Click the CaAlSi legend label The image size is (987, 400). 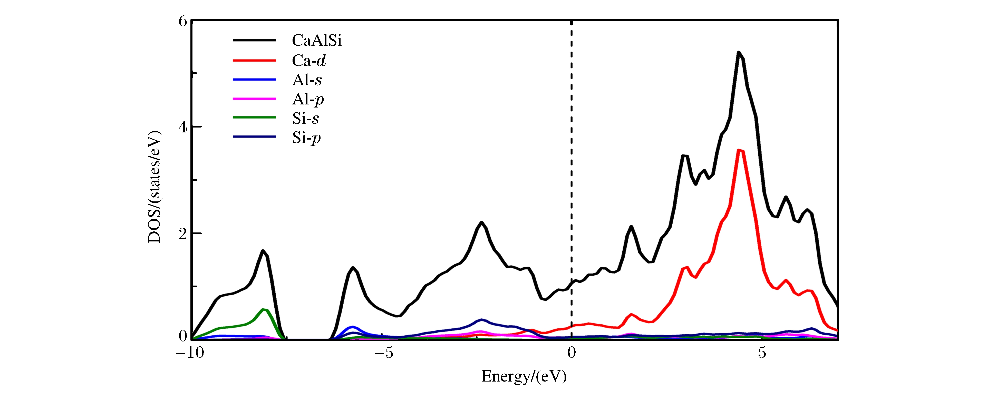tap(316, 40)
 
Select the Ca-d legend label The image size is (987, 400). tap(309, 61)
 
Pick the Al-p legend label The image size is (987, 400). tap(308, 99)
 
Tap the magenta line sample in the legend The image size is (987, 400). tap(254, 99)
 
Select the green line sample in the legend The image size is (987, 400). tap(254, 118)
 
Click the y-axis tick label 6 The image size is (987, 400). tap(183, 21)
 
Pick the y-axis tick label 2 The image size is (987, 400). tap(183, 233)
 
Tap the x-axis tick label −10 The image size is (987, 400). tap(190, 353)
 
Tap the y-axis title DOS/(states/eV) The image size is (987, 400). tap(154, 187)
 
